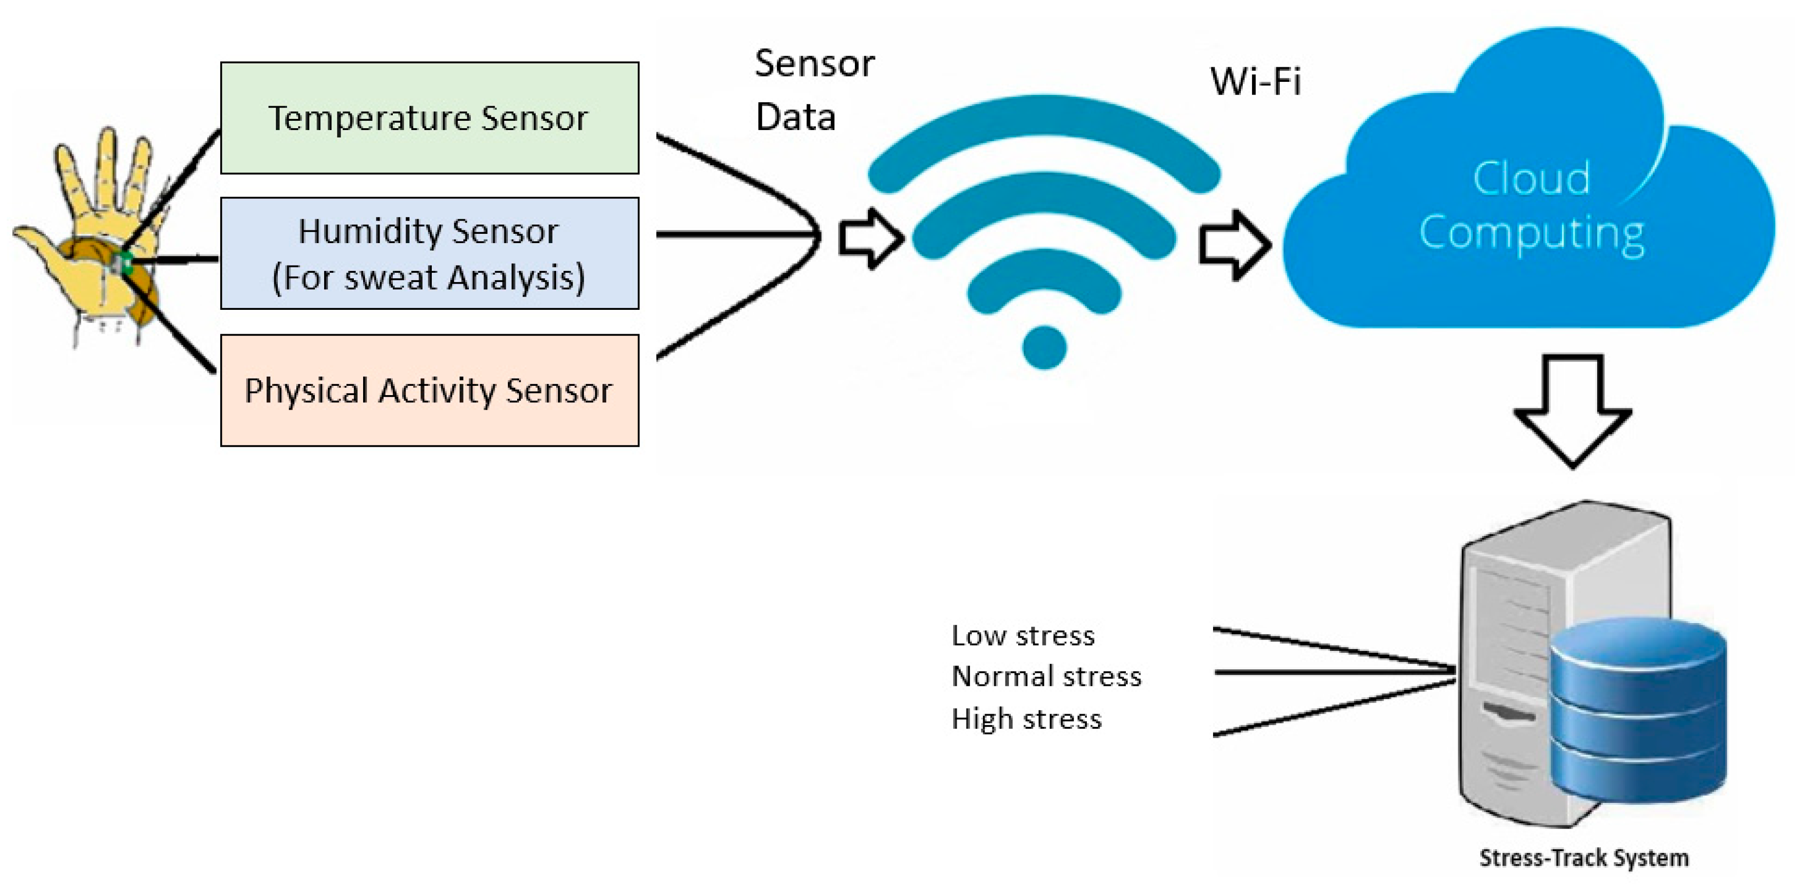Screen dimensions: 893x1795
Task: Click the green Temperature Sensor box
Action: (x=429, y=118)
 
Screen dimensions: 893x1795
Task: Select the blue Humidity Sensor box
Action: (x=429, y=253)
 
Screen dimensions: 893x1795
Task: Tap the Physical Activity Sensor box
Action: (x=429, y=390)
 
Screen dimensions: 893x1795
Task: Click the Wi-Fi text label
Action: (x=1255, y=81)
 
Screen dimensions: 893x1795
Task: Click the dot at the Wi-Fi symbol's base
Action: (x=1044, y=347)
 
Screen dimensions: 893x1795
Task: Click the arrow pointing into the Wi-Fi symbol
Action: (x=869, y=238)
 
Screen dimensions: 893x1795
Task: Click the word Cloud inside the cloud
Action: (x=1532, y=178)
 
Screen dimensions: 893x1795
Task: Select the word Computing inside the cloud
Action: (x=1532, y=233)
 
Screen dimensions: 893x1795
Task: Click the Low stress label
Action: (x=1023, y=636)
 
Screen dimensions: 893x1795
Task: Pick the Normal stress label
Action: (x=1046, y=676)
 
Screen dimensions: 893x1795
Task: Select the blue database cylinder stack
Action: (x=1638, y=710)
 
